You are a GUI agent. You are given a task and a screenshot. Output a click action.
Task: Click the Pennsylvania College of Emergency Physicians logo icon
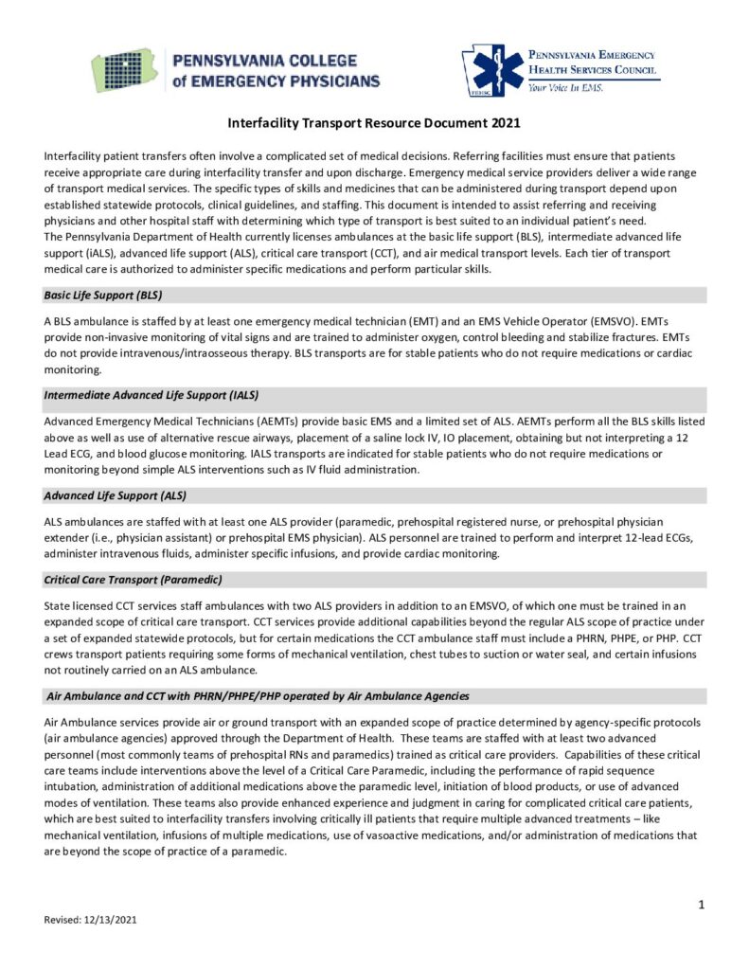point(126,70)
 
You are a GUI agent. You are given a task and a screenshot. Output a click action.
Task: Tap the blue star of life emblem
point(495,70)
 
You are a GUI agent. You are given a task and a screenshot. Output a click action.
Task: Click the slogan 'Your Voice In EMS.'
point(567,87)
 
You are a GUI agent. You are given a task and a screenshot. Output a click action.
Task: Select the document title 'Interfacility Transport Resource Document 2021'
point(374,123)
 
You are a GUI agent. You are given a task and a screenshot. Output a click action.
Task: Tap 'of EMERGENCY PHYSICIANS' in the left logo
point(276,81)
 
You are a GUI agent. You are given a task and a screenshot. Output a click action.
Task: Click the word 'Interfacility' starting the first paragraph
point(76,154)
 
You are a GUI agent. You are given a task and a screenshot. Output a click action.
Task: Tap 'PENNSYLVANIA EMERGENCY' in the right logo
point(592,55)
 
